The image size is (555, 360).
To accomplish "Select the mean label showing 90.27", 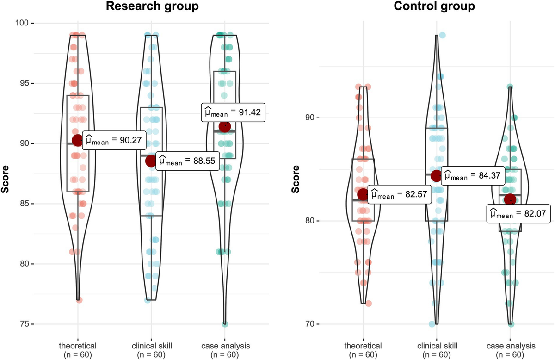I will [x=114, y=141].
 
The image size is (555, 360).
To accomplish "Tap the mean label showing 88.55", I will [x=187, y=161].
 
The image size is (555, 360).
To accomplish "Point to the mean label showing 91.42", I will [x=234, y=112].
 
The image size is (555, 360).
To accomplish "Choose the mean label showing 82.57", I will [x=401, y=195].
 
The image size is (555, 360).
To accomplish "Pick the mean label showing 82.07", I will [x=518, y=214].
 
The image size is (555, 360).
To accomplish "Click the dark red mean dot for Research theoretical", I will [x=78, y=140].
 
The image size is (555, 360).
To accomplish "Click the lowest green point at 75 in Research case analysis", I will [x=225, y=324].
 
